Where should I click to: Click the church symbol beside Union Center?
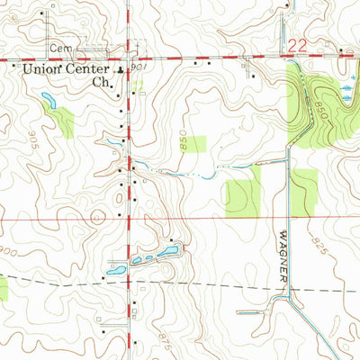pos(123,67)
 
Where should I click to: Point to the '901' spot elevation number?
pos(138,67)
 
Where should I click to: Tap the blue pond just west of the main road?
pos(115,268)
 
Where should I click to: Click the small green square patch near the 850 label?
pos(198,144)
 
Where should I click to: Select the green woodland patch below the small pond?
pos(61,121)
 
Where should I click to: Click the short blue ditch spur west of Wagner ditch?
pos(252,312)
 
